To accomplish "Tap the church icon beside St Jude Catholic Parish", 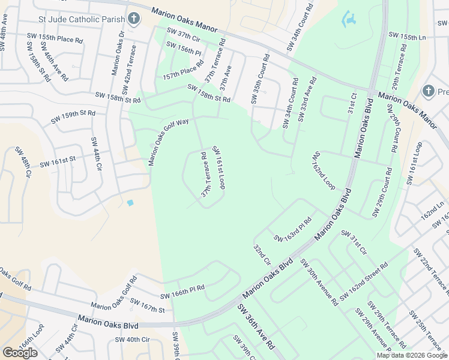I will pos(134,18).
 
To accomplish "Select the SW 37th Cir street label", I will pos(184,35).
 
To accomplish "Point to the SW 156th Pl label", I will pos(184,49).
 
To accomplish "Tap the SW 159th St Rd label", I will pos(73,116).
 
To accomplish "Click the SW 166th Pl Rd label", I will pos(182,292).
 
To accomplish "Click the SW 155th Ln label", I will pos(407,37).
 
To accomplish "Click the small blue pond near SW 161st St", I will pos(130,203).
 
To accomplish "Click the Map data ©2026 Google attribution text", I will pos(412,355).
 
